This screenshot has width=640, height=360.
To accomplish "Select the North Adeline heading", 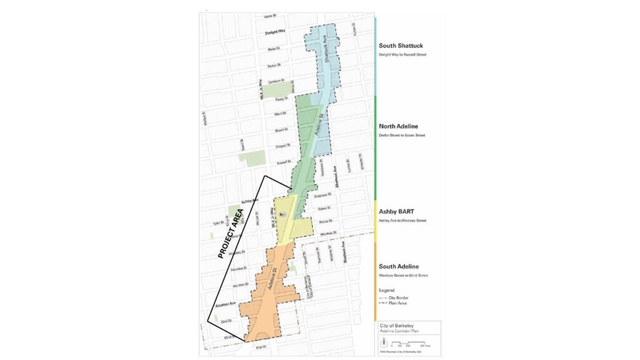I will (398, 127).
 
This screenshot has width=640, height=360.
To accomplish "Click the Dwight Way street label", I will (274, 31).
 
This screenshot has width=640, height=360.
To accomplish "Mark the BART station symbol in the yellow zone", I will (282, 214).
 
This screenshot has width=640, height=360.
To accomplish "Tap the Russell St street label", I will (277, 163).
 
